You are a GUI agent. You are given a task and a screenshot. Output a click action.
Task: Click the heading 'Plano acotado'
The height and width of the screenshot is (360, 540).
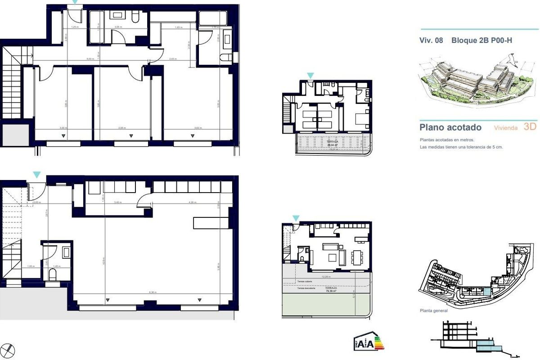tap(450, 127)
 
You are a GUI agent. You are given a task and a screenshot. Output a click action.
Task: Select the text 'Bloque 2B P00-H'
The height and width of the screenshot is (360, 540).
tap(481, 40)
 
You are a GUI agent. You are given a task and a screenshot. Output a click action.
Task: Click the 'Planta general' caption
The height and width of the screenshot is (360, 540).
tap(433, 310)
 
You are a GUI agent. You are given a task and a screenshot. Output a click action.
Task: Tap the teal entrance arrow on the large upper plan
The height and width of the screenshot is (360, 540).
tap(75, 2)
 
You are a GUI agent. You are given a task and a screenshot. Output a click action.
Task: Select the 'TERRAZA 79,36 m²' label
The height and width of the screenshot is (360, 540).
tap(332, 289)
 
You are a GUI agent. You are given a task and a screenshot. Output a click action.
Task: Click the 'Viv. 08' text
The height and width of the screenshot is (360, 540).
tap(431, 40)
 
